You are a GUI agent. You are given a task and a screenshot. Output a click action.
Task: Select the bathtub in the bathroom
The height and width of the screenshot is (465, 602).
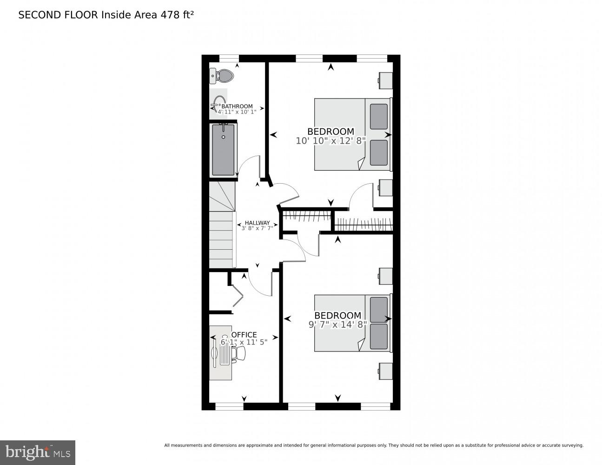pyautogui.click(x=223, y=149)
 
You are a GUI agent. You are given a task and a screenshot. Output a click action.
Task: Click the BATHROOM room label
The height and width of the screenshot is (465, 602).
pyautogui.click(x=237, y=106)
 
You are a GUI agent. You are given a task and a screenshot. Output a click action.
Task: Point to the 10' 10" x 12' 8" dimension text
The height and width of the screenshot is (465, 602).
pyautogui.click(x=331, y=140)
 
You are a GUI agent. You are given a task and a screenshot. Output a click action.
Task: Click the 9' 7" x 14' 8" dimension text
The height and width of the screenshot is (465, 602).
pyautogui.click(x=337, y=325)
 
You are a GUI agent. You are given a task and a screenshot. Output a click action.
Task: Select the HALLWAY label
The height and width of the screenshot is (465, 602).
pyautogui.click(x=257, y=223)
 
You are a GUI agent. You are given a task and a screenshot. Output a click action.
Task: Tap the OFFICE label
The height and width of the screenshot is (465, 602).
pyautogui.click(x=244, y=335)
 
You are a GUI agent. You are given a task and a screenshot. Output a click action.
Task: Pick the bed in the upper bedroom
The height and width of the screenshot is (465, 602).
pyautogui.click(x=352, y=134)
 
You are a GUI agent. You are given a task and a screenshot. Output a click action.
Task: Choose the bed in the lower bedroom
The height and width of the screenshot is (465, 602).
pyautogui.click(x=352, y=323)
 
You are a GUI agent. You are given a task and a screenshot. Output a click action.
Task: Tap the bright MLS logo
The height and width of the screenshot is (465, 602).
pyautogui.click(x=38, y=452)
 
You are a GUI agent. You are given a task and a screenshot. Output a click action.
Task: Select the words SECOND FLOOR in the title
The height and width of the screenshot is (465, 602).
pyautogui.click(x=58, y=15)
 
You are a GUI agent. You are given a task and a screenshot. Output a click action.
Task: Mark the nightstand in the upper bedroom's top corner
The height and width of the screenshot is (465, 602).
pyautogui.click(x=385, y=80)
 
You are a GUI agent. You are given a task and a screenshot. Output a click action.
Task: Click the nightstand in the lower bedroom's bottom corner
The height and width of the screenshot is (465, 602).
pyautogui.click(x=385, y=371)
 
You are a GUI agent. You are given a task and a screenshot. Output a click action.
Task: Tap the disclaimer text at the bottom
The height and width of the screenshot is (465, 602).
pyautogui.click(x=373, y=445)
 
